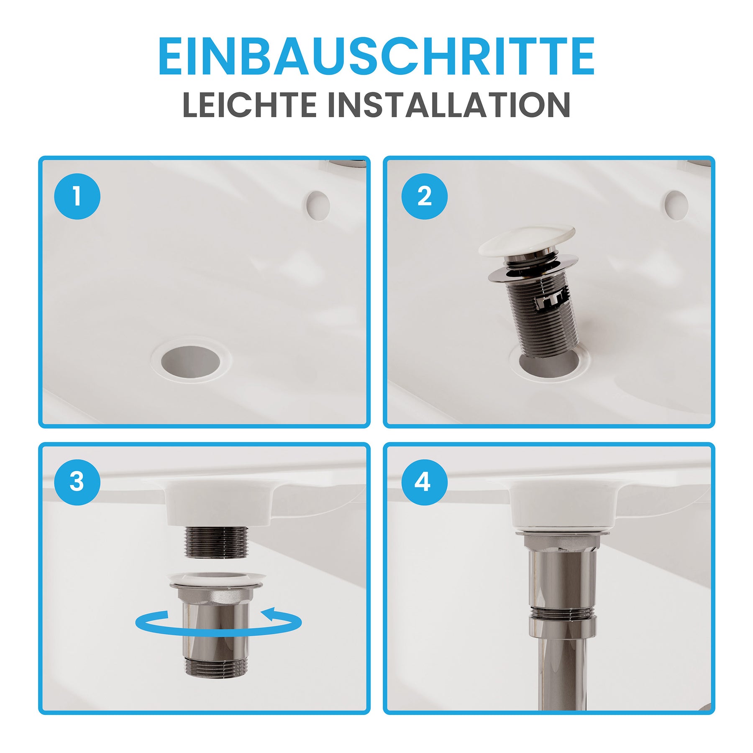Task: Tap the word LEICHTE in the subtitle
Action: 250,105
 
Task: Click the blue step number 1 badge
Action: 77,196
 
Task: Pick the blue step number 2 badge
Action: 424,196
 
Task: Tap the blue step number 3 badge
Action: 77,482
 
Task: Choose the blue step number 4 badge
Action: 424,482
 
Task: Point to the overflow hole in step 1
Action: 318,206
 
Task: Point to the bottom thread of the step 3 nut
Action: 216,667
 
